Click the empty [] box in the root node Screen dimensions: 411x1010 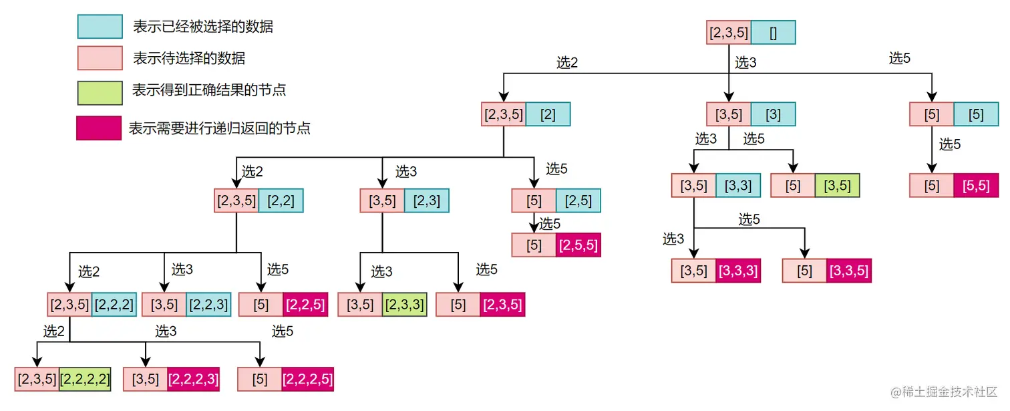click(x=773, y=33)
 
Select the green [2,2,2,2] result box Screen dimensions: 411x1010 click(x=85, y=380)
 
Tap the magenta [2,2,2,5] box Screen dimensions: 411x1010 click(x=307, y=380)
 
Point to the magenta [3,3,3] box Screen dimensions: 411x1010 click(x=738, y=271)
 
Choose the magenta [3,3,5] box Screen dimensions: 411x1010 click(x=848, y=271)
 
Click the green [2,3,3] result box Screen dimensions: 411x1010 click(x=405, y=305)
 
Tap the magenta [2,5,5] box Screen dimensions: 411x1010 click(x=578, y=245)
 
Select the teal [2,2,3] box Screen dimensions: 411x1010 click(x=208, y=305)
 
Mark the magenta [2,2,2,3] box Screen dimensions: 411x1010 click(x=193, y=380)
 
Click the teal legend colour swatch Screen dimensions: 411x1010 click(x=100, y=27)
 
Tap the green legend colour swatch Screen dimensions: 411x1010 click(x=100, y=93)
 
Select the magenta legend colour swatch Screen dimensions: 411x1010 click(x=100, y=128)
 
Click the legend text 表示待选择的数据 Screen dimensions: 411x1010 click(x=189, y=59)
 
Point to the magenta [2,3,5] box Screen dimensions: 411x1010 click(x=502, y=305)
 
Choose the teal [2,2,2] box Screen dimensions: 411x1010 click(x=114, y=305)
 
